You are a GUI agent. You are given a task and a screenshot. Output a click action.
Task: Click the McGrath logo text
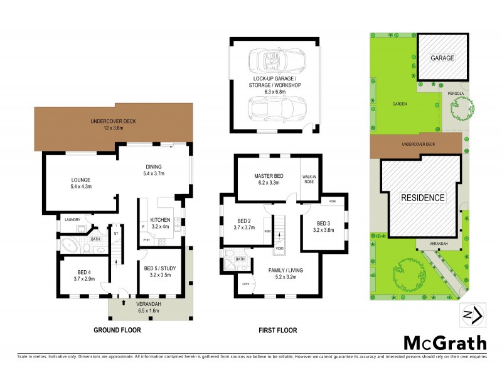click(x=444, y=343)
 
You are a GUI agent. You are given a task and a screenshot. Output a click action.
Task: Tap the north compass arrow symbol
click(x=472, y=314)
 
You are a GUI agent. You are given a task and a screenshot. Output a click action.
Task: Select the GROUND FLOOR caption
click(x=117, y=330)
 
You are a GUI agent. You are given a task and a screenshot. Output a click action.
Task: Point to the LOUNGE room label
click(x=81, y=182)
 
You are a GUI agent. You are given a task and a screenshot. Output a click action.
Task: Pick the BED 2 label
click(x=245, y=224)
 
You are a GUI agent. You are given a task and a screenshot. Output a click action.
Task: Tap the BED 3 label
click(x=323, y=226)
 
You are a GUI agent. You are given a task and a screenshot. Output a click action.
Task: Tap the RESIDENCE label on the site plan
click(x=423, y=197)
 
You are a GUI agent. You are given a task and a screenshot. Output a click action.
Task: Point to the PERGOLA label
click(x=456, y=94)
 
